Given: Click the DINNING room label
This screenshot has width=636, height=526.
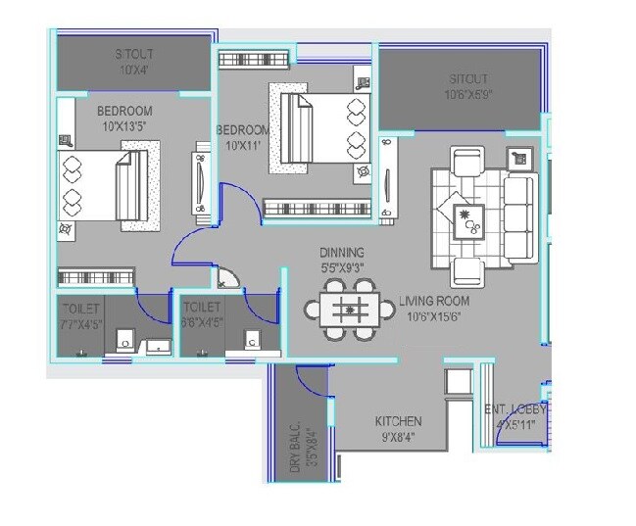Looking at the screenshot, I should (x=341, y=252).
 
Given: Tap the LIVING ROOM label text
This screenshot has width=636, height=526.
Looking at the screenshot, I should (x=433, y=301).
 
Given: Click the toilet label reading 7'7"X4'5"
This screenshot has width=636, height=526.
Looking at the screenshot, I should (x=78, y=315).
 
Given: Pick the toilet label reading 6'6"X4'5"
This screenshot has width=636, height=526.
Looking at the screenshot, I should (x=202, y=315).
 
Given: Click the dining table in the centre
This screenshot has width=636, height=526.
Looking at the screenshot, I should (x=349, y=310).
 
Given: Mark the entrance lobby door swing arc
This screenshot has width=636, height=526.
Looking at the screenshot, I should (x=514, y=432).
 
